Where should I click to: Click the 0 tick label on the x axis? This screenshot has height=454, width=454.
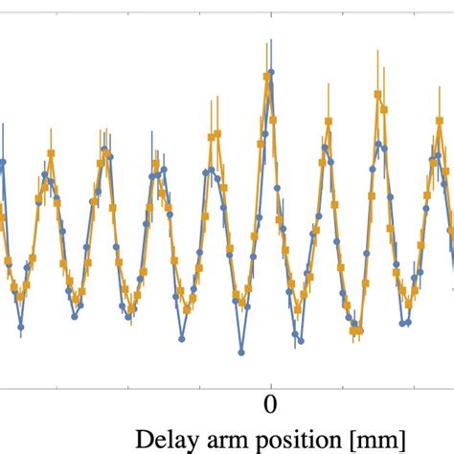pyautogui.click(x=271, y=402)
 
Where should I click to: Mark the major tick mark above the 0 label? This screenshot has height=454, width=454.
pyautogui.click(x=271, y=383)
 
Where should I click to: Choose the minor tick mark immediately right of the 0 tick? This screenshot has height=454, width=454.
pyautogui.click(x=343, y=385)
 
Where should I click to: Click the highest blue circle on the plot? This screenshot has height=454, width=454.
pyautogui.click(x=270, y=79)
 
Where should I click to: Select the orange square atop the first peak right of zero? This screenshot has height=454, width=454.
pyautogui.click(x=329, y=122)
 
